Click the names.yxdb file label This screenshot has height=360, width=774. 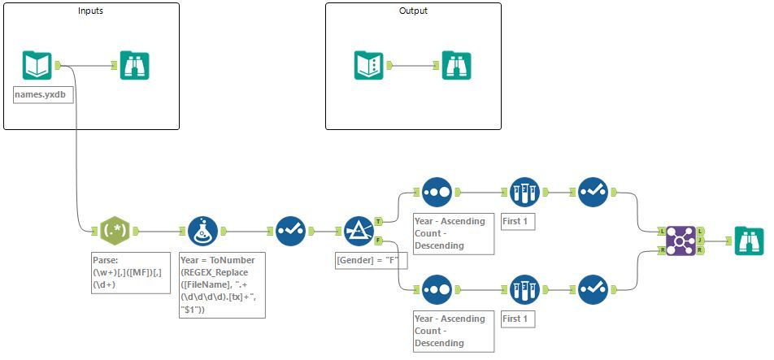(x=40, y=95)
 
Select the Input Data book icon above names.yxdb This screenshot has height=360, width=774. (x=37, y=65)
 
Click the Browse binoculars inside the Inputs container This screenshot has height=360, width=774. (x=134, y=65)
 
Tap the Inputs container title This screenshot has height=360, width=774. (x=90, y=11)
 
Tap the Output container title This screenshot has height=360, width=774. (x=413, y=11)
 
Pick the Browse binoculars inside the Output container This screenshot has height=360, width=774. (x=456, y=65)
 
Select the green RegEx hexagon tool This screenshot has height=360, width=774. (x=112, y=231)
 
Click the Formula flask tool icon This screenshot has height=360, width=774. (x=202, y=231)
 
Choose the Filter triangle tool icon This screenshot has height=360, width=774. (x=358, y=231)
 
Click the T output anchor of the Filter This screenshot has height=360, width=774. (x=378, y=220)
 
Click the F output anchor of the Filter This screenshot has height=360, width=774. (x=378, y=241)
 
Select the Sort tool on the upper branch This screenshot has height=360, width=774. (x=437, y=192)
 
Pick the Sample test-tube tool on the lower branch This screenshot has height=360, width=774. (x=524, y=289)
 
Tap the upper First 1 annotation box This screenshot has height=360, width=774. (x=518, y=221)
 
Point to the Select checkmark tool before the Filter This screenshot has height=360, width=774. (x=290, y=231)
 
